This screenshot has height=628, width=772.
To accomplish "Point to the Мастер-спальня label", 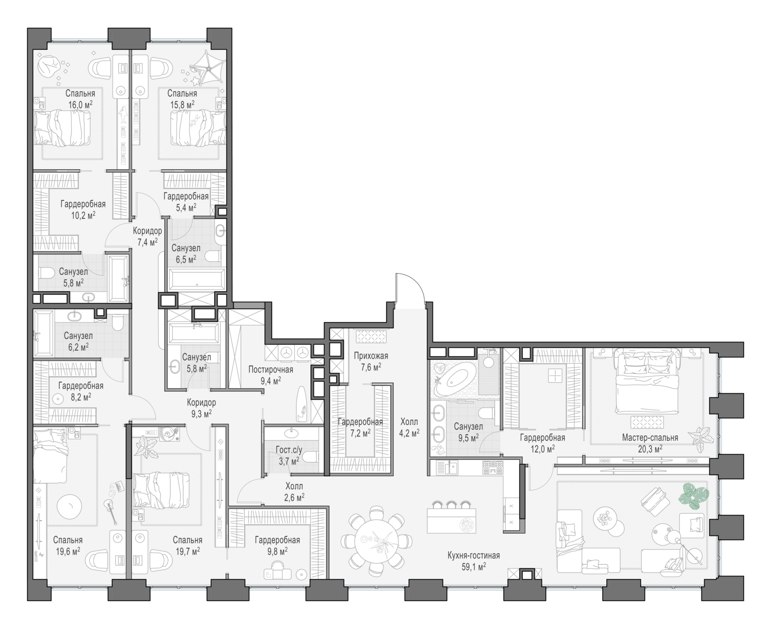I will tap(650, 438).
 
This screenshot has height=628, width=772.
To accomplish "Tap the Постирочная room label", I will tap(271, 369).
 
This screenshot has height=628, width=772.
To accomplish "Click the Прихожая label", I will tap(371, 356).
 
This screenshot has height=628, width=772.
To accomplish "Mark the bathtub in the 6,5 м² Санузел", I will tap(197, 280).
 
